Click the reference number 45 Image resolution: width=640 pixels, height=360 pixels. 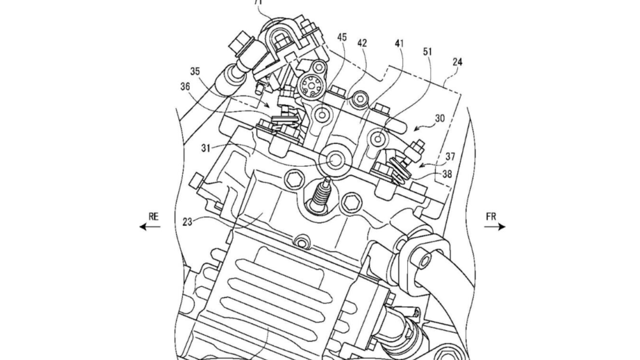pos(342,37)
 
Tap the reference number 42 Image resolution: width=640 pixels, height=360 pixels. pos(362,43)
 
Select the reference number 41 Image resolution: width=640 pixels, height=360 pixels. pos(399,43)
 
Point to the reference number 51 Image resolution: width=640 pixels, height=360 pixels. pos(428,52)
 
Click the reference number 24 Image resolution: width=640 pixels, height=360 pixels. pos(457,62)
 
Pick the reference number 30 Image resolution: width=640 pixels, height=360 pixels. pos(439,118)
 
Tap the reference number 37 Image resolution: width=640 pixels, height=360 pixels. pos(451,156)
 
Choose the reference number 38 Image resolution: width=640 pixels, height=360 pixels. pos(448,173)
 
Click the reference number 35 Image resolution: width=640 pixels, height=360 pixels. pos(195,72)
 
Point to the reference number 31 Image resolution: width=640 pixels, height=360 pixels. pos(206,147)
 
